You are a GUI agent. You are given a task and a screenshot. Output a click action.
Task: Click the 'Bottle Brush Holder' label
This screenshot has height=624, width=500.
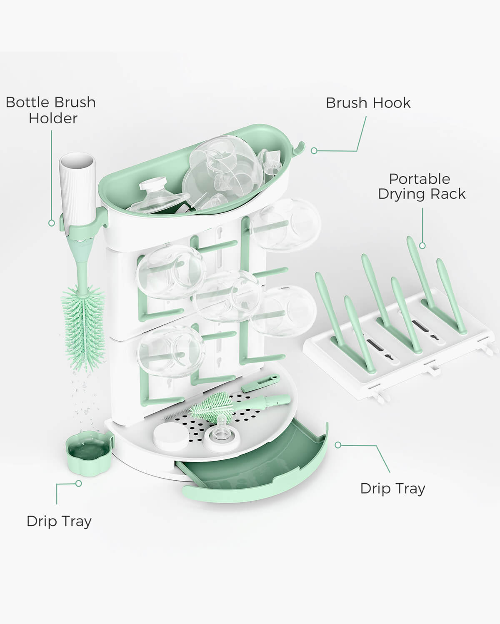[x=51, y=110]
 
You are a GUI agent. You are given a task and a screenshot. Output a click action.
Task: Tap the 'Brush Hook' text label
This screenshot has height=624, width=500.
[x=368, y=103]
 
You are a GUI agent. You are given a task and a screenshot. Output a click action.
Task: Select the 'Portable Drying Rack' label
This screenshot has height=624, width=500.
[x=421, y=186]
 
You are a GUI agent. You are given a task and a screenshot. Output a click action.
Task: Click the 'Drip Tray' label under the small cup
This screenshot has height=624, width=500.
[x=59, y=521]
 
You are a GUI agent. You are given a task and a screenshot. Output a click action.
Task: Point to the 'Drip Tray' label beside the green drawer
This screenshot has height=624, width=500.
[x=392, y=488]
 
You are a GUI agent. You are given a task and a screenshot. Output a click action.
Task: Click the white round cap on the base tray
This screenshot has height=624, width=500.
[x=170, y=436]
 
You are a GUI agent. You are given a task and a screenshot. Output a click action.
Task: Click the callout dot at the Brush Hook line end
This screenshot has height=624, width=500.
[x=314, y=151]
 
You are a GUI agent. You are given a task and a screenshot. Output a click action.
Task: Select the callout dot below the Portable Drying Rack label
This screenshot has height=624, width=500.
[x=422, y=246]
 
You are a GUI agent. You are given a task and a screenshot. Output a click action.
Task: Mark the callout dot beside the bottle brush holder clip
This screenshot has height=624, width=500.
[x=52, y=223]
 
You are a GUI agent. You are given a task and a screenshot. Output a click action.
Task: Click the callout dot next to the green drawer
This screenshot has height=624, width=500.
[x=338, y=445]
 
